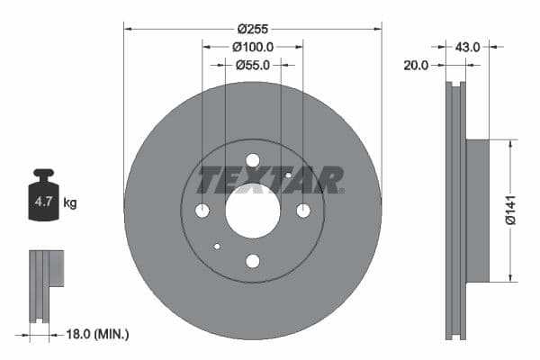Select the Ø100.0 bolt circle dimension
pos(252,46)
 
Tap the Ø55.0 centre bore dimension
pos(253,65)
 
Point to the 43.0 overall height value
pos(467,44)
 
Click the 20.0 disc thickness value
pos(416,65)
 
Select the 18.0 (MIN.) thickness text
pos(99,335)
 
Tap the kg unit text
pos(70,203)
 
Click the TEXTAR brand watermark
pos(271,180)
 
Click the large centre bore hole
pos(253,211)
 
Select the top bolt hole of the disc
pos(253,160)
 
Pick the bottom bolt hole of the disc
pos(253,261)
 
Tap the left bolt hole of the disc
pos(202,211)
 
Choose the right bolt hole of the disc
pos(303,211)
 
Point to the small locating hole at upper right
pos(288,175)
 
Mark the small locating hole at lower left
pos(217,246)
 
